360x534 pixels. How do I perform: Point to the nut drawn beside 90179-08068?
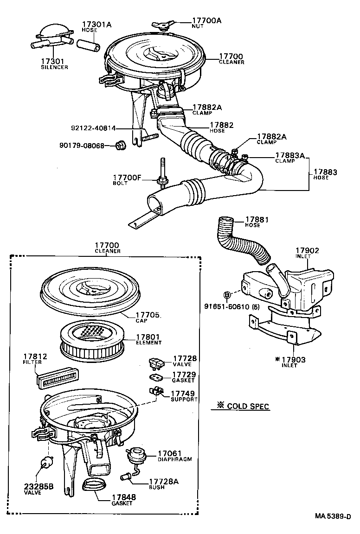pos(121,146)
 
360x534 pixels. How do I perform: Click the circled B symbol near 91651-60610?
pos(227,295)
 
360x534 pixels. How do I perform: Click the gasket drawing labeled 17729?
pos(154,376)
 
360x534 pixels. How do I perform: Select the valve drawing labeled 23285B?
pos(45,464)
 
